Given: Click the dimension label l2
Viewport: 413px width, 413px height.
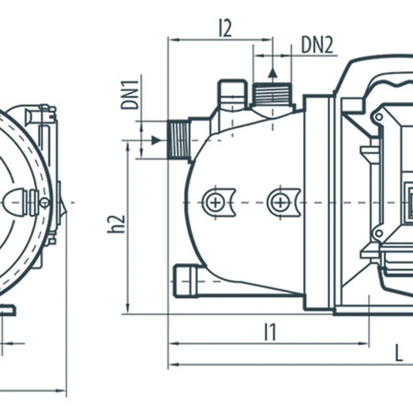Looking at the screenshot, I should point(225,28).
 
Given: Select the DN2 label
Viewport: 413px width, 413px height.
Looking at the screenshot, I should point(317,45).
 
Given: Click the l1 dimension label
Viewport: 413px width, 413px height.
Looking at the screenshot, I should point(269,332).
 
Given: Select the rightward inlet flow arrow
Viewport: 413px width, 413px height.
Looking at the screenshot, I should point(155,140).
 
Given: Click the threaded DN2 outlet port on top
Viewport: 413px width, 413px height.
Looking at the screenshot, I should point(272,95).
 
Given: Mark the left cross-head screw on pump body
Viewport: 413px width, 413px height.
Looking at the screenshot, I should point(214,202).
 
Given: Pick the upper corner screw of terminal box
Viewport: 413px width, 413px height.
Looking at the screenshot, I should point(379,117).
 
